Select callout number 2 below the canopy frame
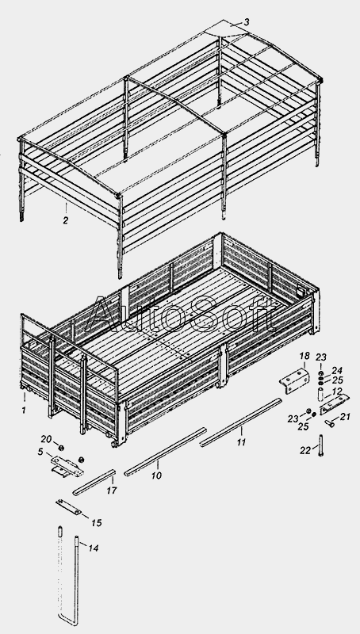coord(66,220)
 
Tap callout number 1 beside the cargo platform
coord(24,410)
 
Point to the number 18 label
coord(304,356)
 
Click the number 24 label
coord(337,370)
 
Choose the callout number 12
coord(336,391)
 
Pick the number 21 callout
coord(345,417)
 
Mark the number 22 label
coord(305,450)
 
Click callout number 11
coord(241,442)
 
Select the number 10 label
coord(156,475)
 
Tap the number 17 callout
coord(112,491)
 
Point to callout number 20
coord(47,440)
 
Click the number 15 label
coord(96,523)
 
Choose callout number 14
coord(94,548)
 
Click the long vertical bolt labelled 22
coord(321,445)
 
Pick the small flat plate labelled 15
coord(68,507)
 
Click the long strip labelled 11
coord(241,422)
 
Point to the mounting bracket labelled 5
coord(67,466)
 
